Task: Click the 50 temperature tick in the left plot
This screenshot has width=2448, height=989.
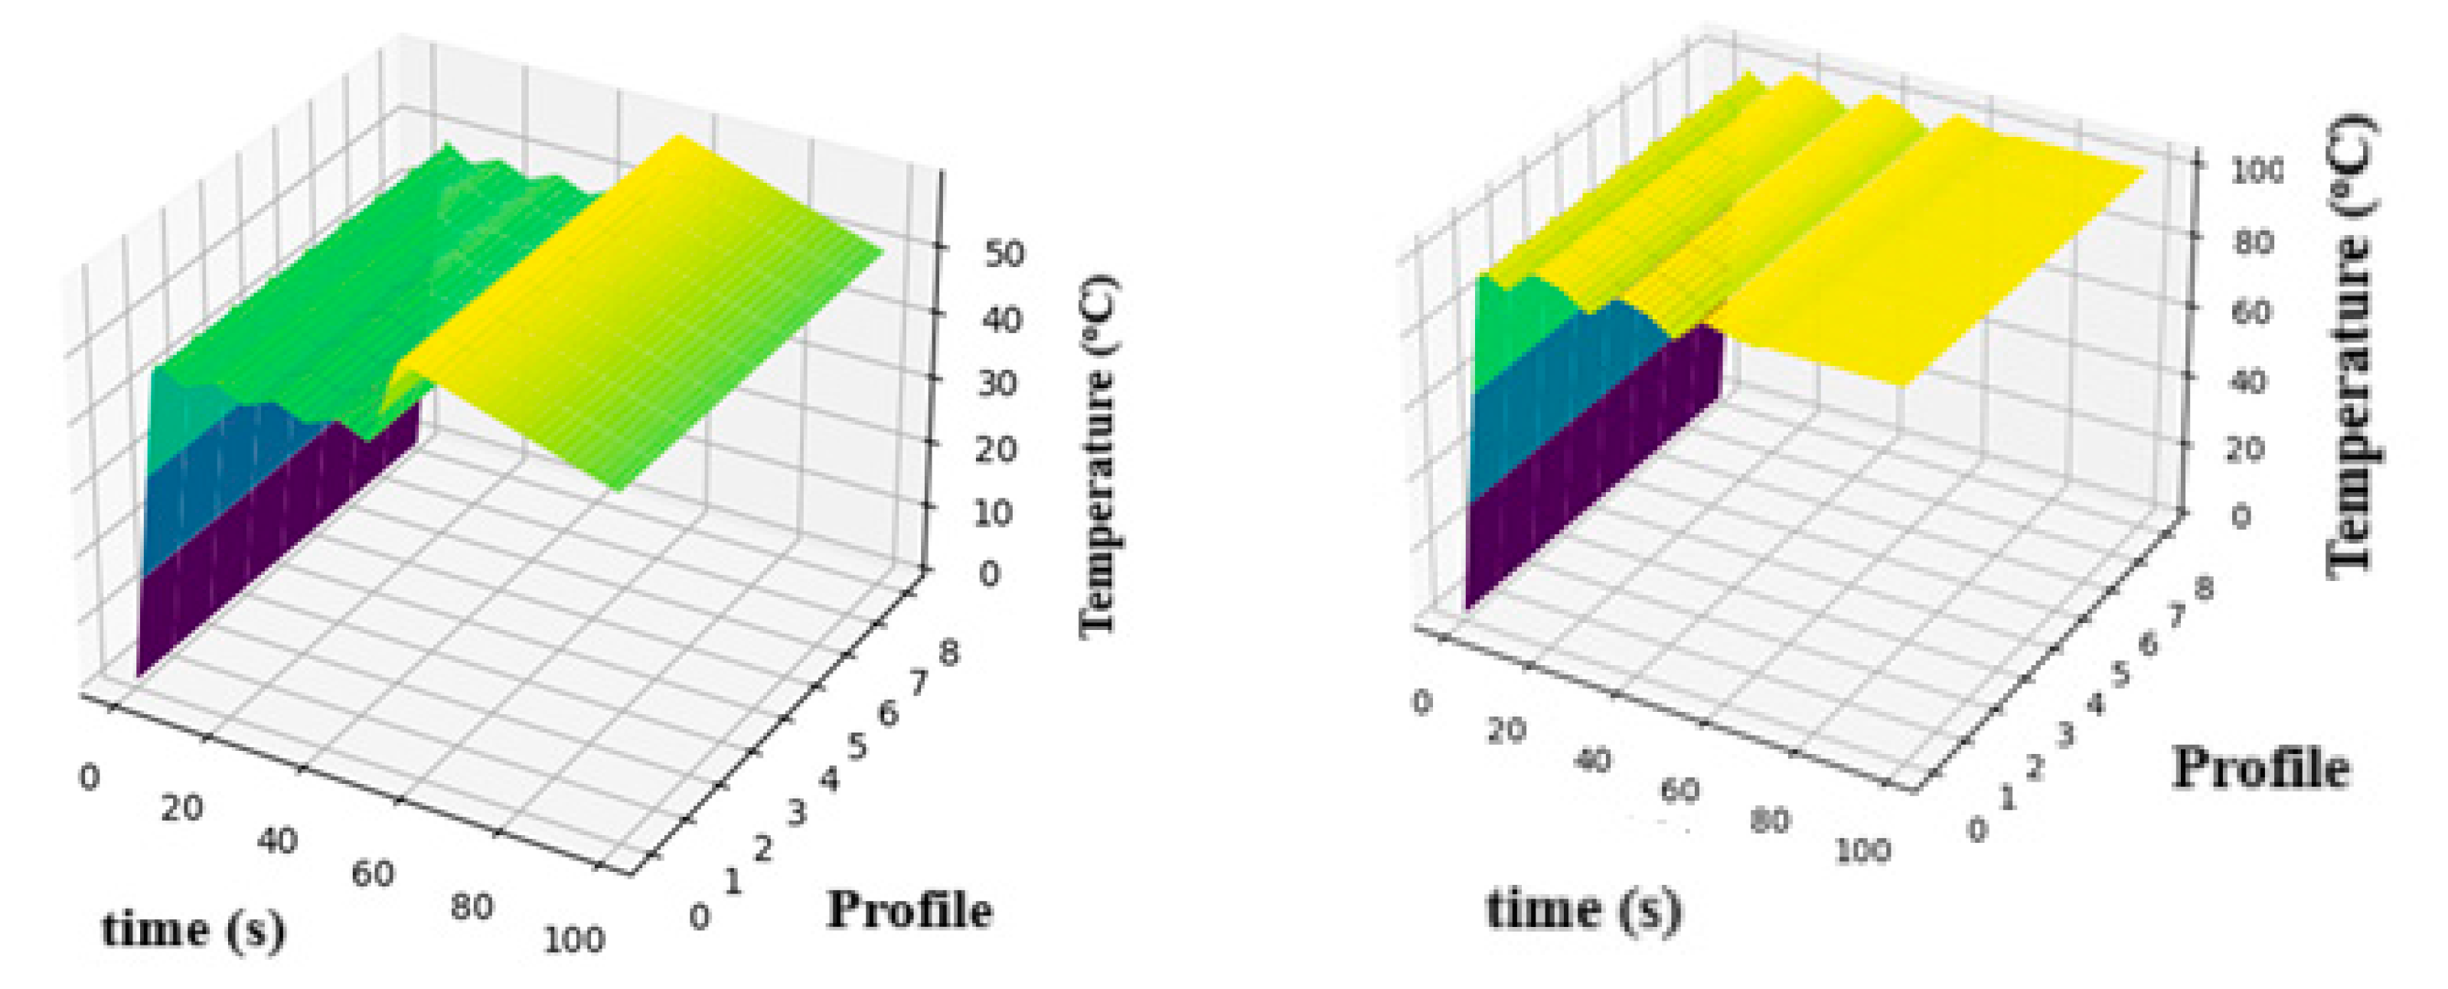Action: [1004, 255]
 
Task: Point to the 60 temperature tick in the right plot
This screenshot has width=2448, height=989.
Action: [2251, 311]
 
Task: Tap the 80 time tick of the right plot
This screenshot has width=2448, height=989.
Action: [1770, 820]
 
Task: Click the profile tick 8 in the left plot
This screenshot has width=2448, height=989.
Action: [948, 653]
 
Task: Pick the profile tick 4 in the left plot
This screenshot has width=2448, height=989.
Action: [827, 780]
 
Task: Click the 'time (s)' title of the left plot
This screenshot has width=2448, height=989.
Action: [194, 929]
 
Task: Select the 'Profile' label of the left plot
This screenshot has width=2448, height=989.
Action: [909, 909]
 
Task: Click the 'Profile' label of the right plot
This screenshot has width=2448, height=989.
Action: [2260, 768]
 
